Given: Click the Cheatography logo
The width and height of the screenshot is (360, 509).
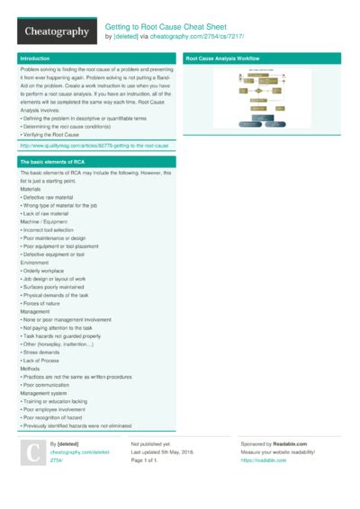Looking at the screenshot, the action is click(55, 31).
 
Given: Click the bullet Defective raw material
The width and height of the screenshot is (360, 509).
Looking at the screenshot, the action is click(51, 195).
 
